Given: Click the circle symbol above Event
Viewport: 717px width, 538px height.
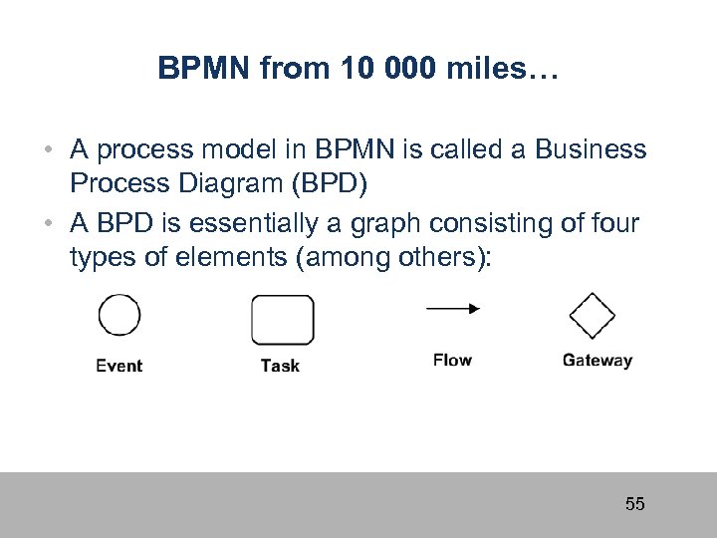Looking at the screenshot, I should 119,316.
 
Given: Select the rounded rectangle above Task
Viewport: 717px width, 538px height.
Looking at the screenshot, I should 282,320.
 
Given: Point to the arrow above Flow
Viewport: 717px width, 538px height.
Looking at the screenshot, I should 452,309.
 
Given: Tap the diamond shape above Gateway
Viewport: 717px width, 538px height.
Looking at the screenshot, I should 593,318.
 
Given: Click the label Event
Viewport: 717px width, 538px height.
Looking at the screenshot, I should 119,366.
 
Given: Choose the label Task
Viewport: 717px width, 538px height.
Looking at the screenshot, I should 280,366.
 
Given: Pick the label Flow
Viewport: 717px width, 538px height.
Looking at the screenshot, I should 452,360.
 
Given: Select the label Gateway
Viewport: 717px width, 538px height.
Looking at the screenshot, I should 597,361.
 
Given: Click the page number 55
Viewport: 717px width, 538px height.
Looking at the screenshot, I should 634,504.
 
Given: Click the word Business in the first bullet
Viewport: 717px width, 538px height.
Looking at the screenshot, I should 591,150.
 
